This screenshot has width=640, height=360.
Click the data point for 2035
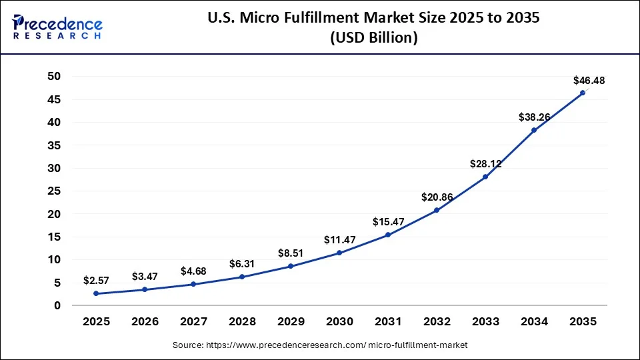click(583, 93)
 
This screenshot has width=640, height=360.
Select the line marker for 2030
click(339, 253)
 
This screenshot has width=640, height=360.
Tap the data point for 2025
click(96, 293)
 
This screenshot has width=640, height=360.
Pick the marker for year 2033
click(485, 177)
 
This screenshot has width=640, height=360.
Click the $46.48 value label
click(589, 81)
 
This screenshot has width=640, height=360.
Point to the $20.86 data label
click(437, 197)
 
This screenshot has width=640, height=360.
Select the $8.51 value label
click(291, 253)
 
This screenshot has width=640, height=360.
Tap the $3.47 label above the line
click(145, 276)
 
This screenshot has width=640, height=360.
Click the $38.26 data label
click(535, 117)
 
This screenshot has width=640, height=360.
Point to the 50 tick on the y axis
click(54, 77)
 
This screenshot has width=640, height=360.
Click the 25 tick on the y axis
click(54, 191)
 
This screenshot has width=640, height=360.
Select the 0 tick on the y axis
click(57, 305)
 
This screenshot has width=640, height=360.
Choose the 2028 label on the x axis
click(242, 322)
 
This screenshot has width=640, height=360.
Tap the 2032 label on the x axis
click(437, 322)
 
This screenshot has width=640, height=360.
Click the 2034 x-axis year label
click(534, 322)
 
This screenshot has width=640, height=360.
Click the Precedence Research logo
click(57, 27)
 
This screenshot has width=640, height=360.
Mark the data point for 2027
click(193, 284)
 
